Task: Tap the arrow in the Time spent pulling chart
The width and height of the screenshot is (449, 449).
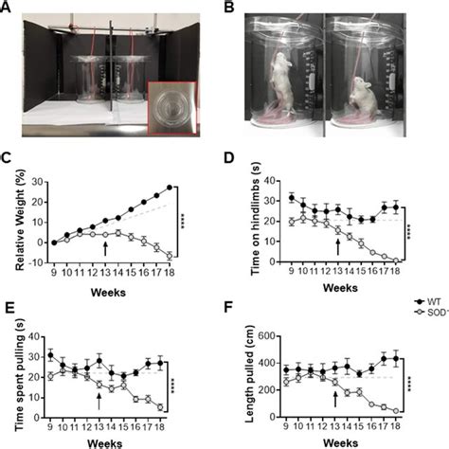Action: point(99,399)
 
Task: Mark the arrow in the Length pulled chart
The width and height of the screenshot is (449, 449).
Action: point(334,399)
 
